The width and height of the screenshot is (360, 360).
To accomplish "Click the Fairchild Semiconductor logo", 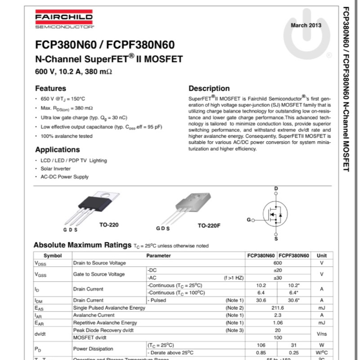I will pos(63,19).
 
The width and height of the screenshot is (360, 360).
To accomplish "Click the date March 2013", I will pos(306,25).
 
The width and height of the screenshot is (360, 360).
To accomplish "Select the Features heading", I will pos(50,89).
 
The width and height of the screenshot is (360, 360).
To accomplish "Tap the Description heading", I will pos(209,89).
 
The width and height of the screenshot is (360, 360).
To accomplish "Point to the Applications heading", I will pos(57,150).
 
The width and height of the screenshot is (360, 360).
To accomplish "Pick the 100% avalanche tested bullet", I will pos(67,136).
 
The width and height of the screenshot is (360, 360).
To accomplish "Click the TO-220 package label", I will pos(109,225).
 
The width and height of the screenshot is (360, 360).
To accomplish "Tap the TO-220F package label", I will pos(209,225).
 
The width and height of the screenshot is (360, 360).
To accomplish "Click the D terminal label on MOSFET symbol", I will pos(276,188).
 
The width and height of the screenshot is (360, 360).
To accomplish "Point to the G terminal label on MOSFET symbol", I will pos(248,220).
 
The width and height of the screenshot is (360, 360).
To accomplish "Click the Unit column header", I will pos(322,256).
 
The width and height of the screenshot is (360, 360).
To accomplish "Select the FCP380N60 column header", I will pos(261,256).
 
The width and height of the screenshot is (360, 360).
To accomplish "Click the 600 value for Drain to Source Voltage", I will pos(278,263).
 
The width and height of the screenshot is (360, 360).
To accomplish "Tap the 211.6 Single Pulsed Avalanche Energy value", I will pos(278,308).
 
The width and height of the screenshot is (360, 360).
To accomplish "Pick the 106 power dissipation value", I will pos(261,345).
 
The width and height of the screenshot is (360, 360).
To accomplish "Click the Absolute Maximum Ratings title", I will pos(82,245).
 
